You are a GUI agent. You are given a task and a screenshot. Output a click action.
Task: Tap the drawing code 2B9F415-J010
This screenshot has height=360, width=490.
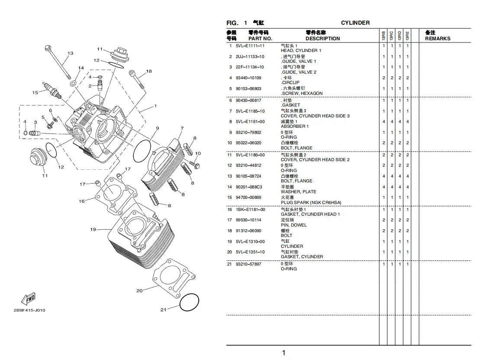click(29, 310)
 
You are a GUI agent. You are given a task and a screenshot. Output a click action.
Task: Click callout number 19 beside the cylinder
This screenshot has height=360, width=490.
click(93, 230)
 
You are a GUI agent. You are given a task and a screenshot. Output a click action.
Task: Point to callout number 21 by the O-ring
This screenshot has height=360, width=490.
click(163, 310)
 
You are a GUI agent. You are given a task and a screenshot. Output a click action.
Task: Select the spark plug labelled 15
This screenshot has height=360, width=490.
click(52, 90)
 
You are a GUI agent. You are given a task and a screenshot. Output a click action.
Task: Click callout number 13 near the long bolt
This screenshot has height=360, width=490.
click(70, 53)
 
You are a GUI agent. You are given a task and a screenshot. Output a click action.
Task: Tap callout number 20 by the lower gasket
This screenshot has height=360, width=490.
click(139, 291)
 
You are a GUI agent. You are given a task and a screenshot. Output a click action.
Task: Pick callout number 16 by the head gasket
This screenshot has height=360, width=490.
click(81, 201)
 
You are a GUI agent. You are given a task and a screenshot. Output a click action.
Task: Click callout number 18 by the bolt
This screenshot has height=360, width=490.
click(149, 71)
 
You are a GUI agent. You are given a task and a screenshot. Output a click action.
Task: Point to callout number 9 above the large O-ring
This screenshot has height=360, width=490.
click(158, 128)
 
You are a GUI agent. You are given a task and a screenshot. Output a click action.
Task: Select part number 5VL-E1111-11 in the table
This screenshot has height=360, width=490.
click(250, 46)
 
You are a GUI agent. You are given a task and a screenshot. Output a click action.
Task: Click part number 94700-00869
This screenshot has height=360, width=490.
click(248, 198)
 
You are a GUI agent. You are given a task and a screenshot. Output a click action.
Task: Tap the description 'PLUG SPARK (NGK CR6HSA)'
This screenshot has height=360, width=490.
click(311, 203)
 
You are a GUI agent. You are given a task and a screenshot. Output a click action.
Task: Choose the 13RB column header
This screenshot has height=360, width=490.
click(384, 36)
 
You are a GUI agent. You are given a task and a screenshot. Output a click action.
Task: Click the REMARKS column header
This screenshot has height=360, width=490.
click(438, 39)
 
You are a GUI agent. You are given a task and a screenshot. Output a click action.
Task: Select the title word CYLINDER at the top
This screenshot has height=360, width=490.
click(355, 23)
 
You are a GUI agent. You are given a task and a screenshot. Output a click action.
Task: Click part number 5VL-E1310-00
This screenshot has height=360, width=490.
click(250, 242)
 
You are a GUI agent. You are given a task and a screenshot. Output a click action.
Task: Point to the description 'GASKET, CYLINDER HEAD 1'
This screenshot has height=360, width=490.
click(310, 214)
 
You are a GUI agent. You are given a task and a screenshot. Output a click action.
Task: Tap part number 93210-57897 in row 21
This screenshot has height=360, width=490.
click(248, 264)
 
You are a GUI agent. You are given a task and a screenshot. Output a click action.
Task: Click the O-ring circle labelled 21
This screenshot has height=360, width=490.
click(189, 302)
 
